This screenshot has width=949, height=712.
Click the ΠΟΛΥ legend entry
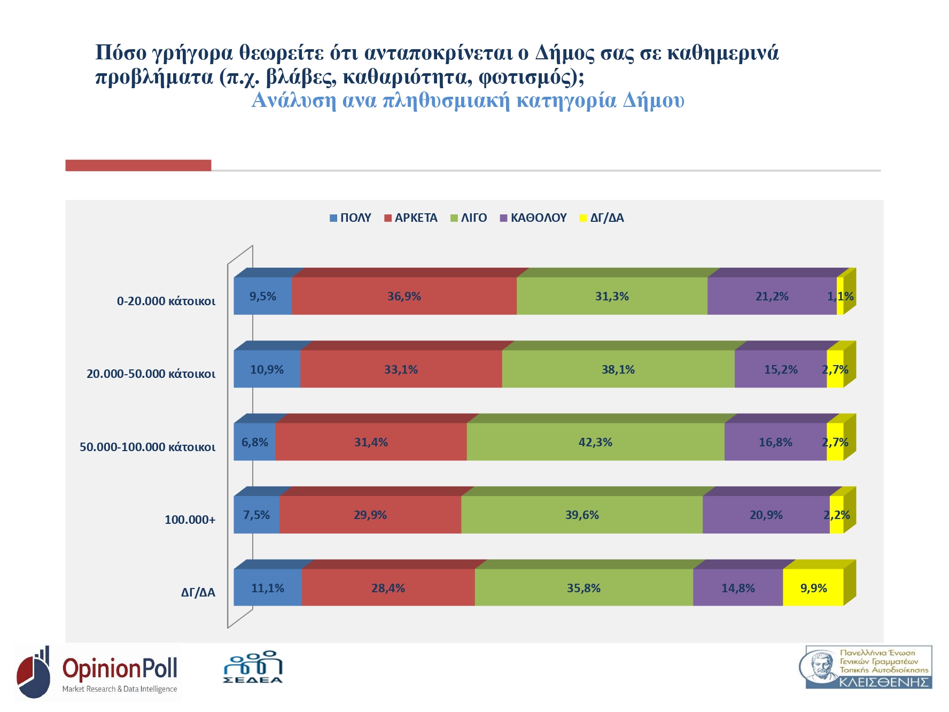click(x=351, y=218)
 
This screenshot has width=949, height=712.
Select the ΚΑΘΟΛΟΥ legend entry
click(x=533, y=218)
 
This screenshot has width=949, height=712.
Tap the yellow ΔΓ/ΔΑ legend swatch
click(x=583, y=218)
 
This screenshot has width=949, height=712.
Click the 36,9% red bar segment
click(x=404, y=296)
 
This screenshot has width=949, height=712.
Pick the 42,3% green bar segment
click(x=595, y=442)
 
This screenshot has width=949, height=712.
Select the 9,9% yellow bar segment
click(x=813, y=588)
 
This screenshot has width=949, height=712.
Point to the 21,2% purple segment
click(x=772, y=296)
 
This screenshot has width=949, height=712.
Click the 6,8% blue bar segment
click(x=255, y=442)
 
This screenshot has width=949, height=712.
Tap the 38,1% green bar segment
click(x=618, y=369)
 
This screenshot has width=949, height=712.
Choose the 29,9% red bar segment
click(x=370, y=515)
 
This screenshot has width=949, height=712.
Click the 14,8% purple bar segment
click(x=738, y=588)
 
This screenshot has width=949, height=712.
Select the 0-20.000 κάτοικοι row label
click(x=166, y=301)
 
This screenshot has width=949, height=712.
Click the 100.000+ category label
click(x=190, y=520)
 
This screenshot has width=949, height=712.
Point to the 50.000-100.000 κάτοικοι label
click(x=147, y=447)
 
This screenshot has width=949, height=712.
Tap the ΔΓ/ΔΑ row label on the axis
click(x=198, y=592)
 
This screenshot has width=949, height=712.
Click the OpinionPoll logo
click(x=98, y=672)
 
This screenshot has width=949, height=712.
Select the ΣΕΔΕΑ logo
click(x=253, y=668)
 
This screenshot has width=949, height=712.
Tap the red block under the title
click(x=138, y=165)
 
